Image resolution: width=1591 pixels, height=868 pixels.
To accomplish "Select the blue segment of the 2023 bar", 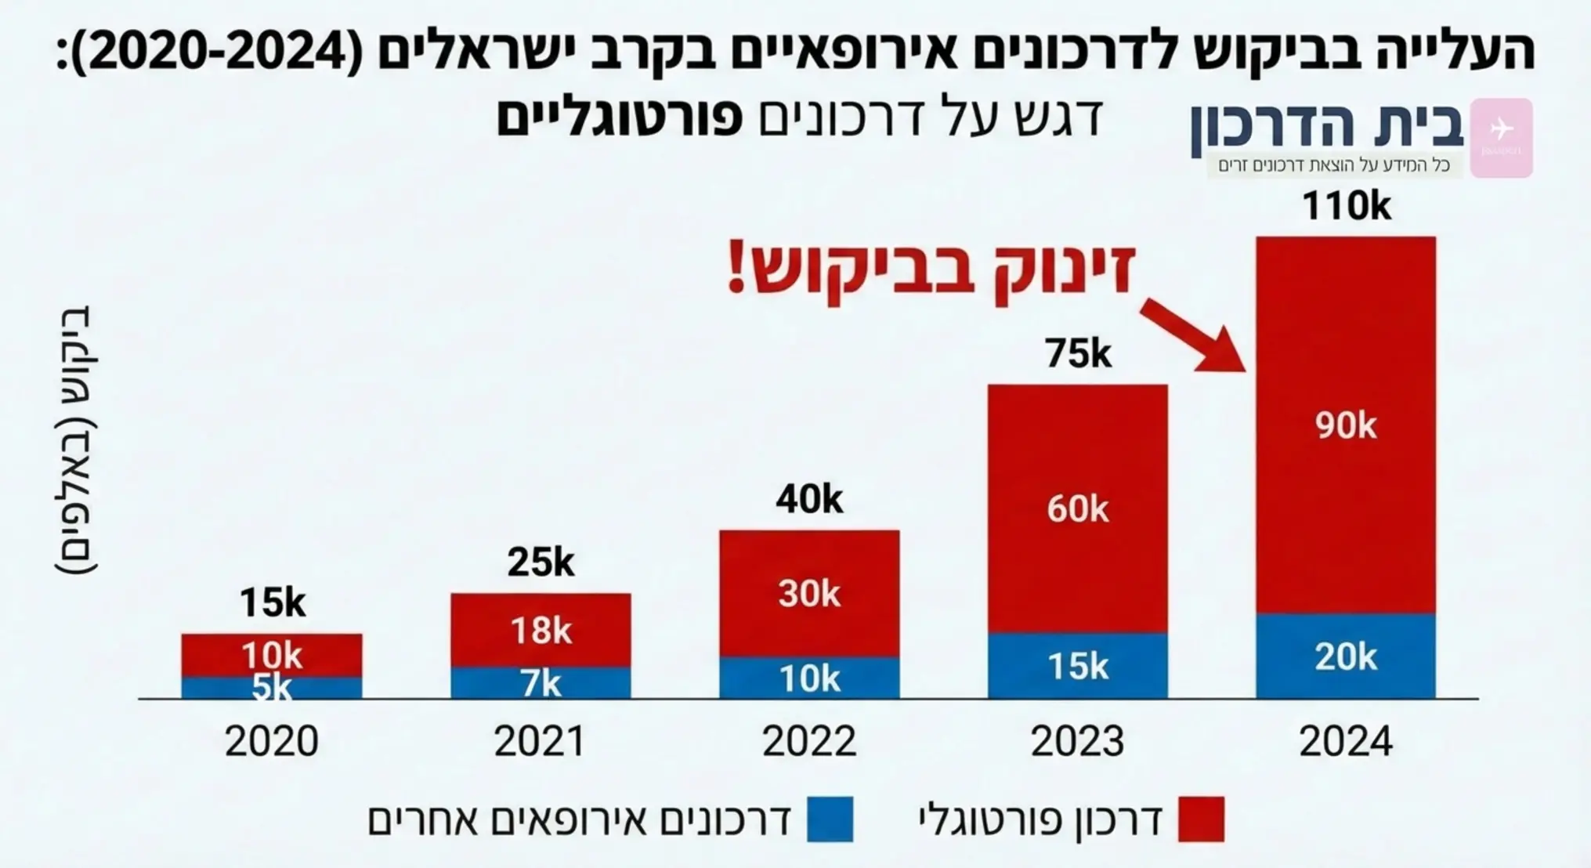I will tap(1077, 666).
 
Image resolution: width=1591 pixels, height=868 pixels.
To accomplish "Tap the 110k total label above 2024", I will tap(1346, 207).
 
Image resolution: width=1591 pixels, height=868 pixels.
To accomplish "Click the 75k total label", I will tap(1077, 354).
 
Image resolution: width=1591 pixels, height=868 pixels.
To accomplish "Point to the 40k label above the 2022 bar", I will tap(809, 499).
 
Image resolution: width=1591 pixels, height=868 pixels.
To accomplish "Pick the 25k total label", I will tap(541, 562).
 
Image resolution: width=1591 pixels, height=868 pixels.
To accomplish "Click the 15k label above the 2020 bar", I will tap(272, 602).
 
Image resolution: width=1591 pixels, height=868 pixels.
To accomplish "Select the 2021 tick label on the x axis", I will tap(540, 741).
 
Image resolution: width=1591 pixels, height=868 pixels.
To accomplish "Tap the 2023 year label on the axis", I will tap(1077, 741).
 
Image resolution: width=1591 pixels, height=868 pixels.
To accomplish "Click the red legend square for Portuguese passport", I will tap(1201, 819).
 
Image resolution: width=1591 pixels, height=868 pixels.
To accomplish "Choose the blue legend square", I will tap(830, 819).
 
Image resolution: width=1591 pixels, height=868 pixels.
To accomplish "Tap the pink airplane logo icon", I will tap(1501, 137).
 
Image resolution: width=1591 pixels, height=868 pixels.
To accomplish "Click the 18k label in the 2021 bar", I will tap(541, 631).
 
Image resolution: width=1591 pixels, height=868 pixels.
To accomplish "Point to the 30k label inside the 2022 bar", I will tap(809, 594).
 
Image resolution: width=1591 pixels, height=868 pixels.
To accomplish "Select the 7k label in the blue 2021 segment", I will tap(541, 684).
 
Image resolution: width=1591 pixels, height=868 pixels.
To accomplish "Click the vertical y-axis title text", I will tap(76, 439).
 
